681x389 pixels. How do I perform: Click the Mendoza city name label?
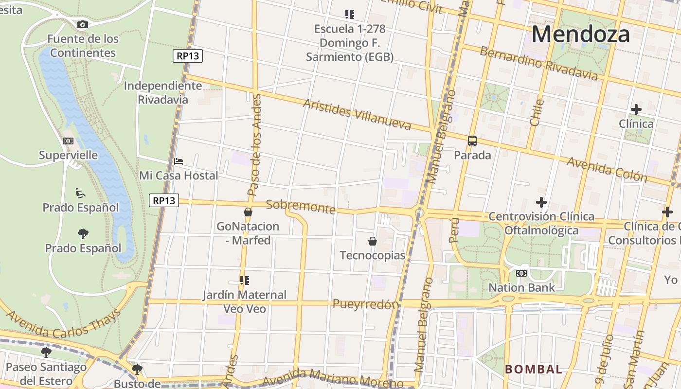pyautogui.click(x=580, y=35)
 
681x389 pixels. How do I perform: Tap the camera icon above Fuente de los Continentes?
pyautogui.click(x=83, y=24)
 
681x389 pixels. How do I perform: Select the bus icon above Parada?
pyautogui.click(x=472, y=141)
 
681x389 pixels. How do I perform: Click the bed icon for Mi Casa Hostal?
pyautogui.click(x=179, y=161)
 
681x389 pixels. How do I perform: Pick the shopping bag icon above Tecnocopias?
pyautogui.click(x=373, y=241)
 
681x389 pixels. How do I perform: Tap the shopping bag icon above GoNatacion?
pyautogui.click(x=248, y=212)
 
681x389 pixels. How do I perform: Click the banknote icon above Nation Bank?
pyautogui.click(x=521, y=273)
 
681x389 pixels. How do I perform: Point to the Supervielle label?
pyautogui.click(x=68, y=156)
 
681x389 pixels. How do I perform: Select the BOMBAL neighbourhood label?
pyautogui.click(x=534, y=369)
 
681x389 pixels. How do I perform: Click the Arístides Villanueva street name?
pyautogui.click(x=357, y=115)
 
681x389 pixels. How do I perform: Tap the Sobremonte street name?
pyautogui.click(x=301, y=206)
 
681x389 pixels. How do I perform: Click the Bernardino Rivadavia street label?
pyautogui.click(x=538, y=64)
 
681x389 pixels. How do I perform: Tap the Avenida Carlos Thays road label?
pyautogui.click(x=63, y=324)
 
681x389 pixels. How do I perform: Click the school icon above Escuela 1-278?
pyautogui.click(x=349, y=15)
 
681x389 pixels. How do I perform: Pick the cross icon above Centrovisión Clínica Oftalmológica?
pyautogui.click(x=541, y=202)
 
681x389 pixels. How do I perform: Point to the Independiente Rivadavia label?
pyautogui.click(x=162, y=92)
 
